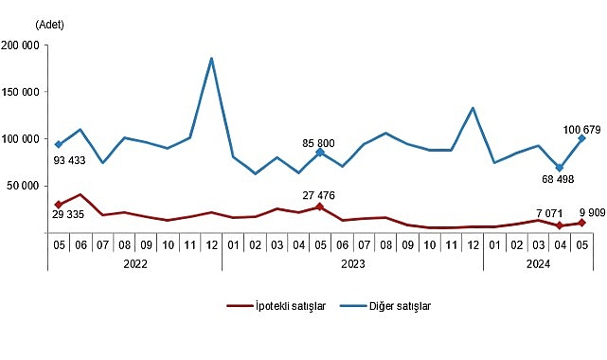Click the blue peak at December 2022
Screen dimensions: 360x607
coord(210,59)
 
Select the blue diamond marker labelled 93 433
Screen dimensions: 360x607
coord(59,145)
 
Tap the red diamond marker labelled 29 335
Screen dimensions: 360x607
coord(59,205)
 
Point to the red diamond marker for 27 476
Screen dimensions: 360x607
coord(320,207)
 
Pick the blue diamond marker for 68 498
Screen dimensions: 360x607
coord(560,168)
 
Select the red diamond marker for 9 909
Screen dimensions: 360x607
coord(581,223)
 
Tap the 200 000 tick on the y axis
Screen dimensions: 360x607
coord(20,45)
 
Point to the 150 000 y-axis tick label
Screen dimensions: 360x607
coord(20,92)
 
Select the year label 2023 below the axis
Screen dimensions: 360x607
coord(352,265)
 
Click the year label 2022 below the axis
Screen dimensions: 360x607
coord(134,265)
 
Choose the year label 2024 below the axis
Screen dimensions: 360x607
coord(538,265)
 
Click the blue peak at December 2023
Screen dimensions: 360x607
coord(473,108)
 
